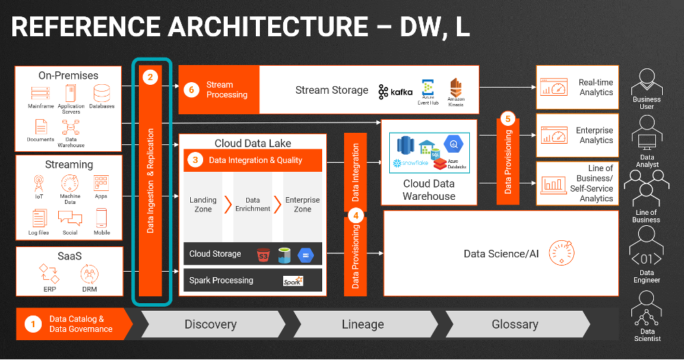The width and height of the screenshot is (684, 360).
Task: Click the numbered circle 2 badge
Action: (150, 77)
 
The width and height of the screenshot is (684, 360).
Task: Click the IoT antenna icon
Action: (40, 184)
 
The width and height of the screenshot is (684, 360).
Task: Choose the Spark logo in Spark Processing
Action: (293, 281)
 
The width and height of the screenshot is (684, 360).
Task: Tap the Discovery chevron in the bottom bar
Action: (211, 324)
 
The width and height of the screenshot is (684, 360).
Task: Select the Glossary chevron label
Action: (514, 324)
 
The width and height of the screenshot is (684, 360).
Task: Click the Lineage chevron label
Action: (363, 324)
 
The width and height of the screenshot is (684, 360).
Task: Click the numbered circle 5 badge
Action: (507, 118)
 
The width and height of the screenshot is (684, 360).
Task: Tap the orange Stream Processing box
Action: (219, 90)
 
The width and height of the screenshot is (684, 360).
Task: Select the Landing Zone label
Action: (202, 205)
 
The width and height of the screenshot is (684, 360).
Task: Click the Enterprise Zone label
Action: (302, 205)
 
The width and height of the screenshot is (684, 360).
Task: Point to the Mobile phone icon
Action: (102, 218)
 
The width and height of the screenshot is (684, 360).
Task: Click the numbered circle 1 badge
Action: (33, 324)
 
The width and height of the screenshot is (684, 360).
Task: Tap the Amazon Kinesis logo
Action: (456, 88)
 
